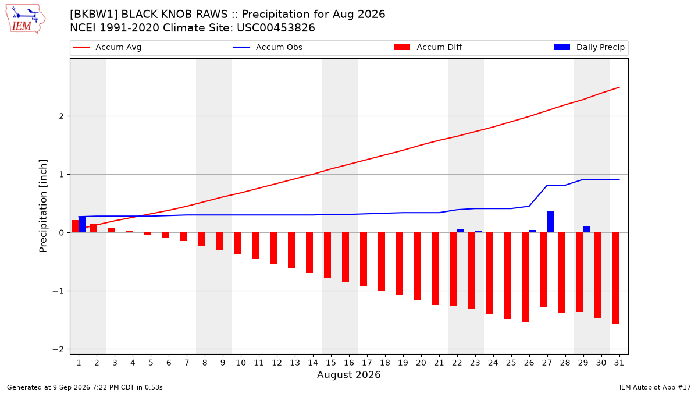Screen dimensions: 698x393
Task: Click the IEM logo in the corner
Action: [x=26, y=19]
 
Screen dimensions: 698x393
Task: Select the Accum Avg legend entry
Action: [x=107, y=47]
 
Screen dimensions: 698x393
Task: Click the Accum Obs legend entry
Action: [x=268, y=47]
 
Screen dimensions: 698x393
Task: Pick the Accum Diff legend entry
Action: [x=428, y=47]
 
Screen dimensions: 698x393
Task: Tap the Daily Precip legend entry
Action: [x=589, y=47]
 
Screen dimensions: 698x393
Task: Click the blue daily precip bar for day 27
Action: [x=551, y=222]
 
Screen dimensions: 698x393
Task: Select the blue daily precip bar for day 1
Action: [x=82, y=225]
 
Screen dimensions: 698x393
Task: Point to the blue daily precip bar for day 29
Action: [x=587, y=229]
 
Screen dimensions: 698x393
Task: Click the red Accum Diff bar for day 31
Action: [x=615, y=278]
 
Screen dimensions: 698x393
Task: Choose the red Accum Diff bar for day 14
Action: [x=309, y=253]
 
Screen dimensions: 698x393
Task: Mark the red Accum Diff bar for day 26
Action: [x=525, y=277]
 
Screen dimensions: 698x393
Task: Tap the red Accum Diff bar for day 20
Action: [x=417, y=267]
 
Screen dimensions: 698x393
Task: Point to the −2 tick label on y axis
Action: [x=58, y=349]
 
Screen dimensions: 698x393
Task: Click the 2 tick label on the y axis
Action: [x=61, y=116]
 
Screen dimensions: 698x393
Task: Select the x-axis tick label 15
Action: [x=331, y=363]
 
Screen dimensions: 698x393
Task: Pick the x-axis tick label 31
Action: [x=619, y=363]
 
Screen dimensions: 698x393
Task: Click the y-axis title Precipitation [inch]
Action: [x=43, y=206]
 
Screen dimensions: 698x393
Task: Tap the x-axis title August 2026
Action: [x=348, y=374]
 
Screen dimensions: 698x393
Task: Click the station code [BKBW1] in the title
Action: [x=94, y=15]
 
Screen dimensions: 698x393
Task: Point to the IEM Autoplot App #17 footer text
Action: [x=655, y=387]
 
